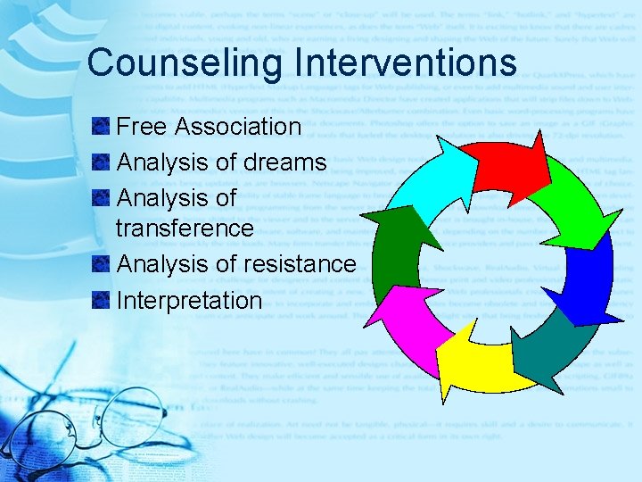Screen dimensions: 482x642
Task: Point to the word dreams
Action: point(284,162)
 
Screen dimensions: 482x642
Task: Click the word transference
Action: point(185,228)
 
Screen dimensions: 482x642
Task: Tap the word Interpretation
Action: point(189,300)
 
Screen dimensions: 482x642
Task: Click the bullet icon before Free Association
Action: point(100,127)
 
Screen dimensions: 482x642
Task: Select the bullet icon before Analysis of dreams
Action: point(100,162)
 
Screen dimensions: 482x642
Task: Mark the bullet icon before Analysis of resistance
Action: point(100,264)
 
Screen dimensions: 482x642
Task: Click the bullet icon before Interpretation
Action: point(100,300)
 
